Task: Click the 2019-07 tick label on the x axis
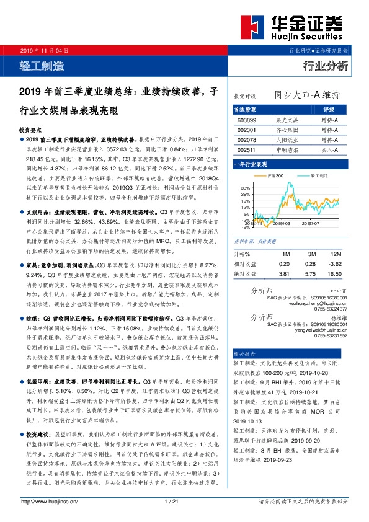(312, 223)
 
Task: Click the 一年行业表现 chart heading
(250, 164)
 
